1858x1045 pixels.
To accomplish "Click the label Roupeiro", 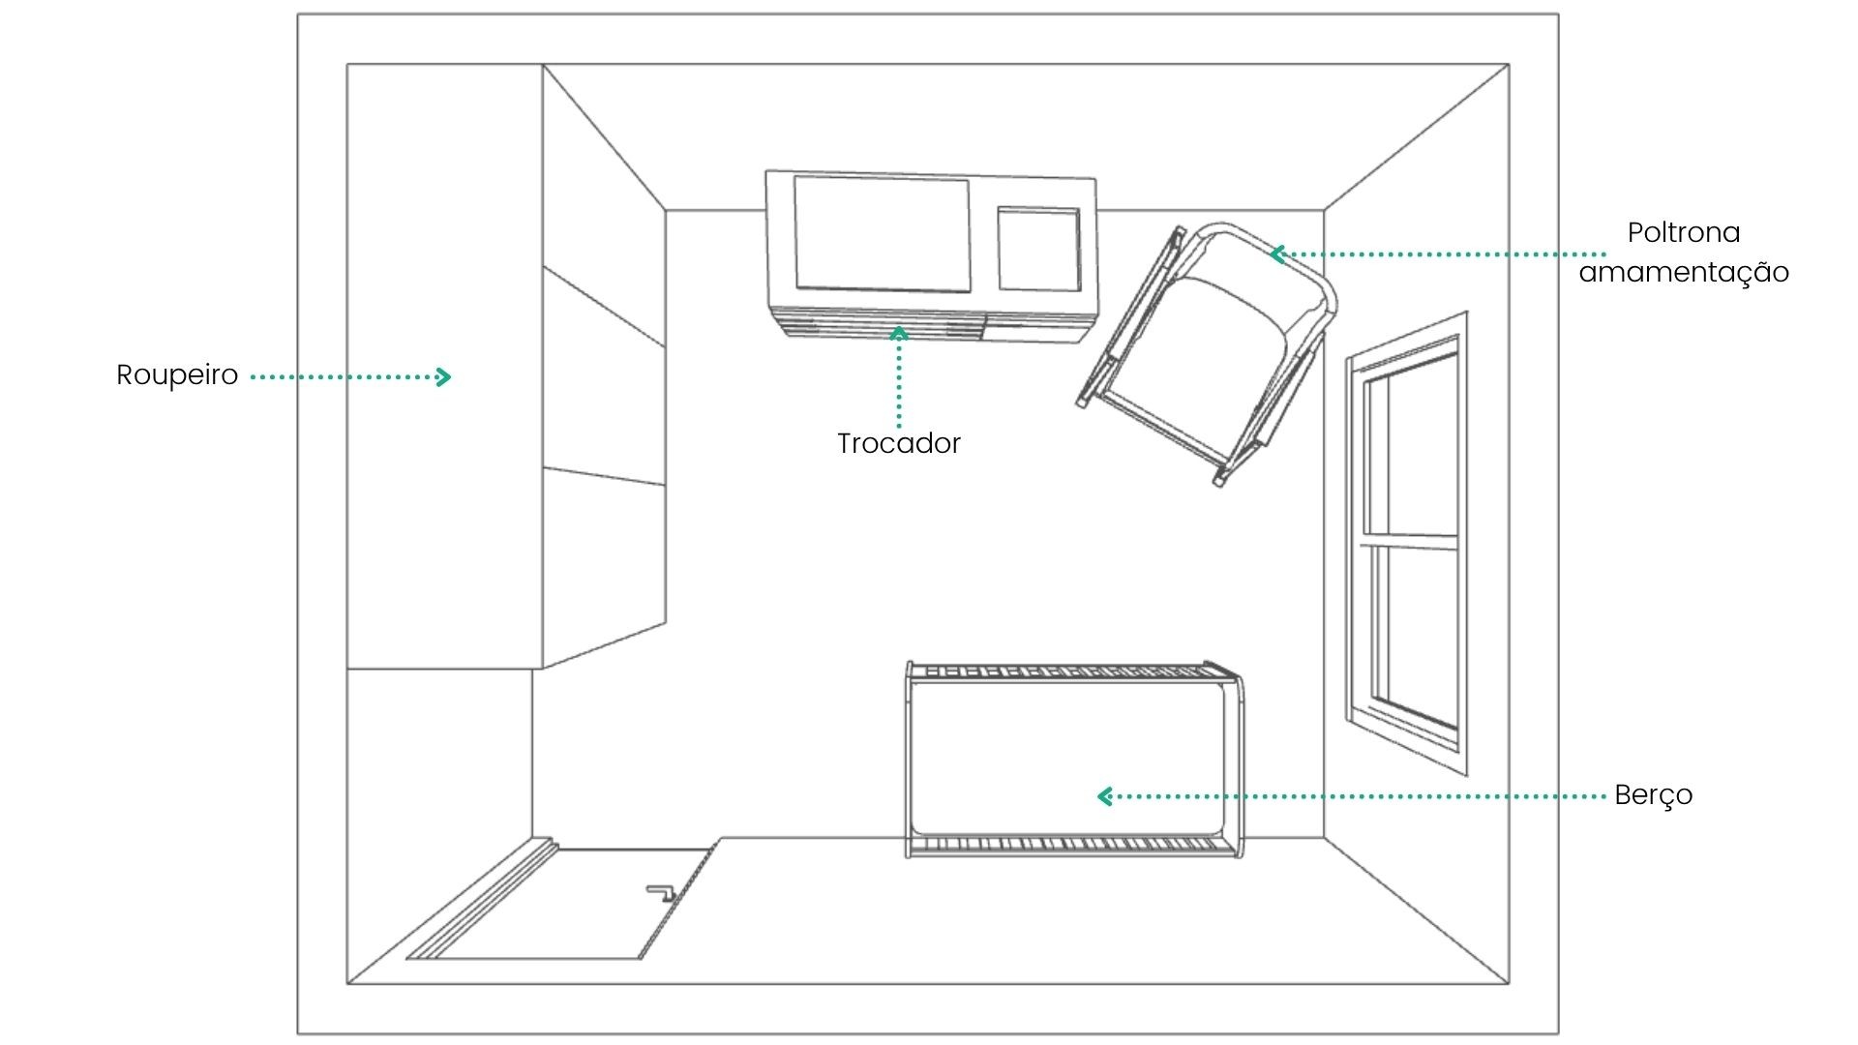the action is click(x=177, y=375).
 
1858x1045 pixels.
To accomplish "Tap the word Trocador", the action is click(x=899, y=443).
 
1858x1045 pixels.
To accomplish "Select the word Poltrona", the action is click(x=1684, y=232).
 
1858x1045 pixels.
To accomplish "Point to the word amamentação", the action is click(x=1684, y=272).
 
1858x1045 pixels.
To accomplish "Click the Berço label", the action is click(x=1654, y=795).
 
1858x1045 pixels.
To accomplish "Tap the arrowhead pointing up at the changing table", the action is click(x=899, y=334).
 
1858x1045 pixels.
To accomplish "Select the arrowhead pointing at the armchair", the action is click(x=1277, y=254).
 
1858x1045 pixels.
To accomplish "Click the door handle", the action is click(x=661, y=892).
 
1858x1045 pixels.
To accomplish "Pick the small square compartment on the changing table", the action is click(x=1038, y=249).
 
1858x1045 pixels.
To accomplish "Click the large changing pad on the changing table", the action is click(x=882, y=233).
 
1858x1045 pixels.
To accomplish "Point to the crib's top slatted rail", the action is click(x=1072, y=671).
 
